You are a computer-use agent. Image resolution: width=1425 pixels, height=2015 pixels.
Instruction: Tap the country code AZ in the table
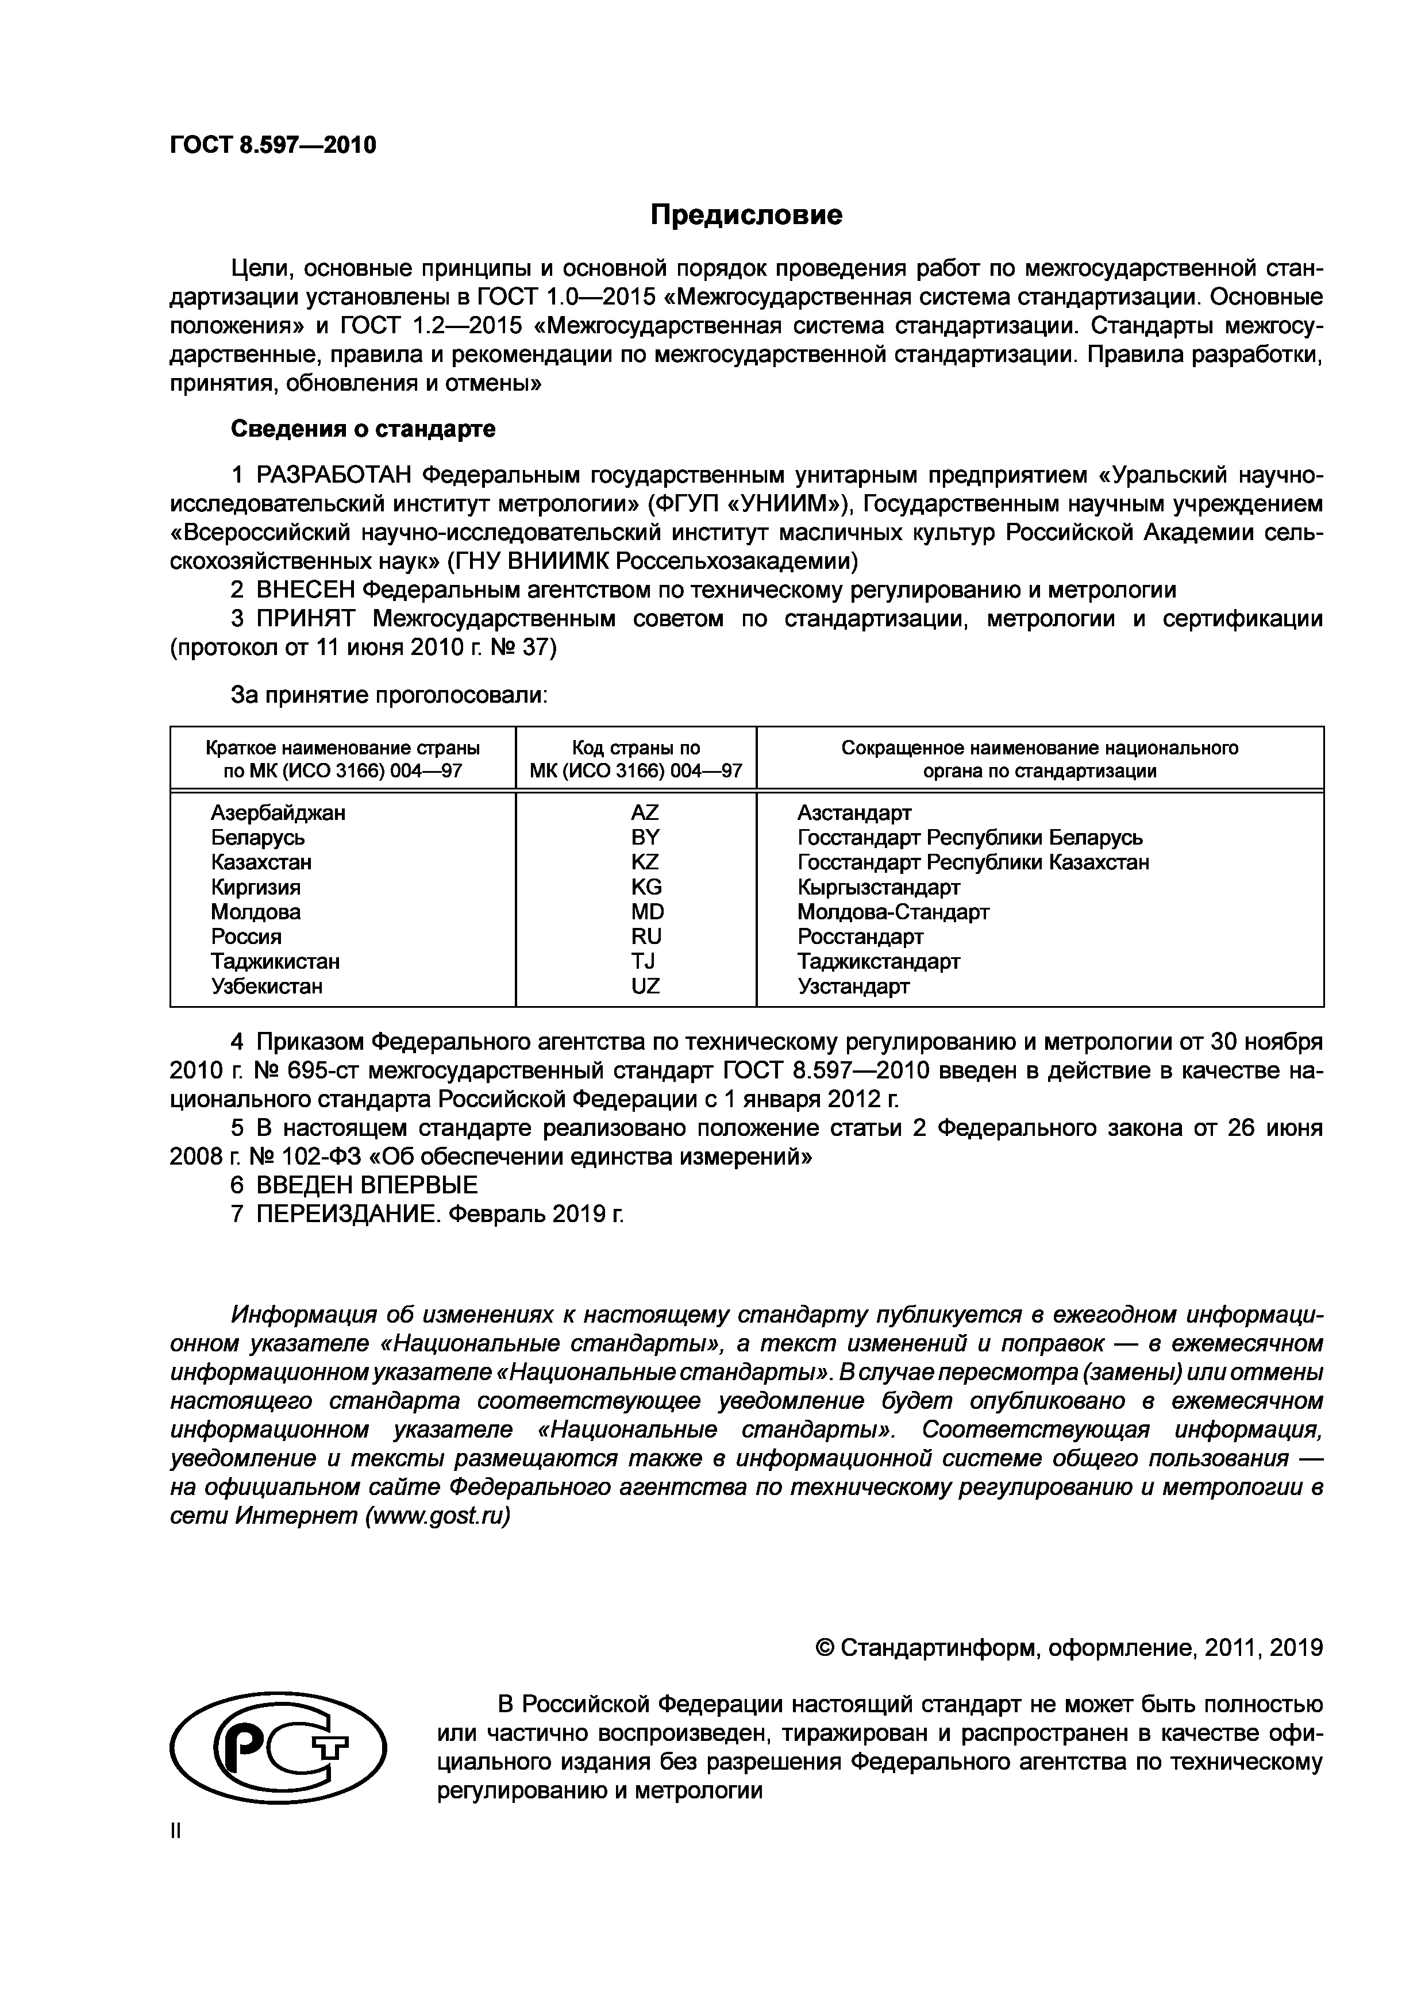(644, 812)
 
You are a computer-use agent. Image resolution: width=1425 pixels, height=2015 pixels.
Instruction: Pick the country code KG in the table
(646, 887)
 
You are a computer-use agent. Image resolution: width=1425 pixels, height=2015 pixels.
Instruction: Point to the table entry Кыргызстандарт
(879, 887)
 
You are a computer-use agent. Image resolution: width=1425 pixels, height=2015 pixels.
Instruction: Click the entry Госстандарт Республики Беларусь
(969, 837)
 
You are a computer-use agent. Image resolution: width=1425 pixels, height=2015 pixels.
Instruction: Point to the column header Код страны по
(636, 748)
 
